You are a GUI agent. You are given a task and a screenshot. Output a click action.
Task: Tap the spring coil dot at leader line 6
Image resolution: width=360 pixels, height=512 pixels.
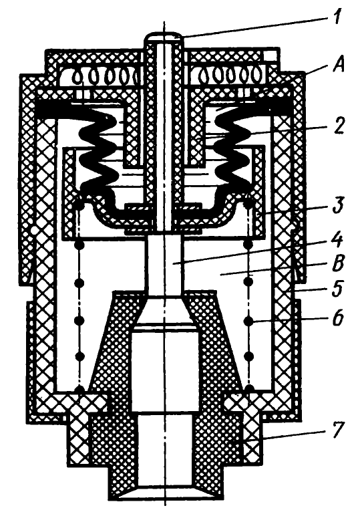point(248,322)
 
